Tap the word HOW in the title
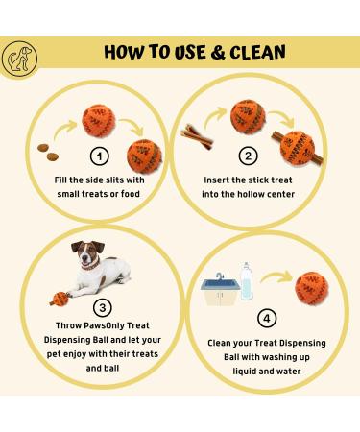coord(126,51)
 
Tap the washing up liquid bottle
coord(247,279)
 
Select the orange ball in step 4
coord(307,285)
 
